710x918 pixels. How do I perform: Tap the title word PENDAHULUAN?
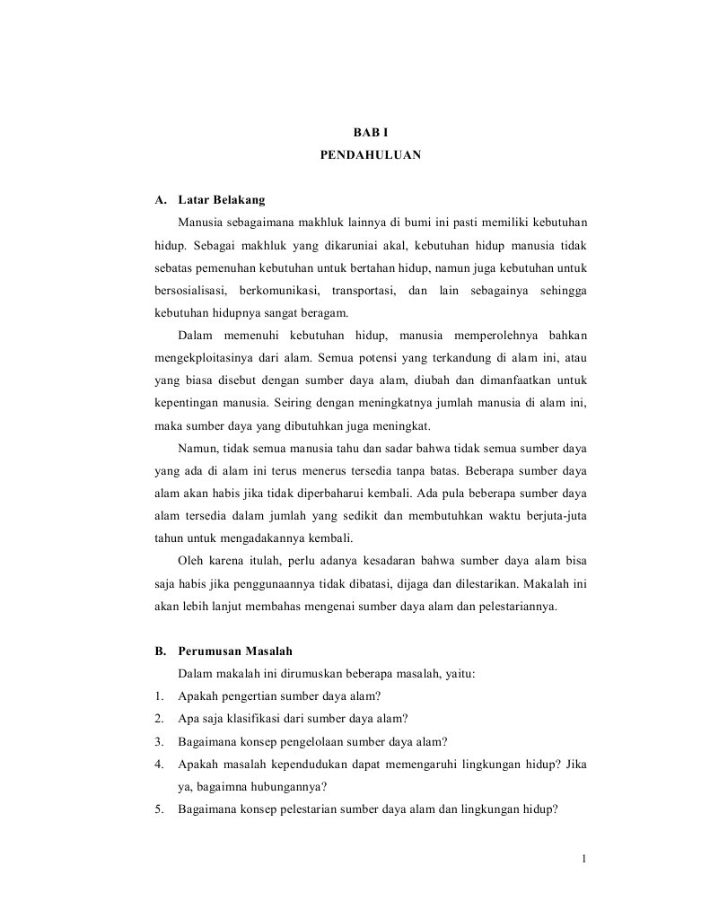[x=370, y=154]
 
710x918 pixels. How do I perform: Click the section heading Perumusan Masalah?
[x=235, y=651]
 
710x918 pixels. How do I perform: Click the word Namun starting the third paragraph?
[x=197, y=448]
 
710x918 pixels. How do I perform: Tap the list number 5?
[x=158, y=809]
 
